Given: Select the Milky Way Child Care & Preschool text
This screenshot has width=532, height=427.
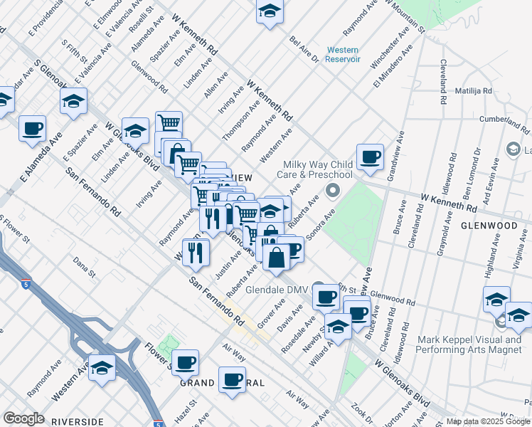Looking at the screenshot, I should pos(319,169).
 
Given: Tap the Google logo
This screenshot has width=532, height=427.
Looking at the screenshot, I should pos(23,418).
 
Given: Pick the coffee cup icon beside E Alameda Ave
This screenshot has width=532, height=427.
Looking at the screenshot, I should pos(33,129).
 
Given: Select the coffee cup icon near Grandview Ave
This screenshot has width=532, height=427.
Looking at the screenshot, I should pos(370,157).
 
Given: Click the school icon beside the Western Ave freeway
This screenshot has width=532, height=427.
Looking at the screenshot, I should pos(102,369).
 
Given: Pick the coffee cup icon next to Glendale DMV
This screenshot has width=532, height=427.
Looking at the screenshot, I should pos(326,296).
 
